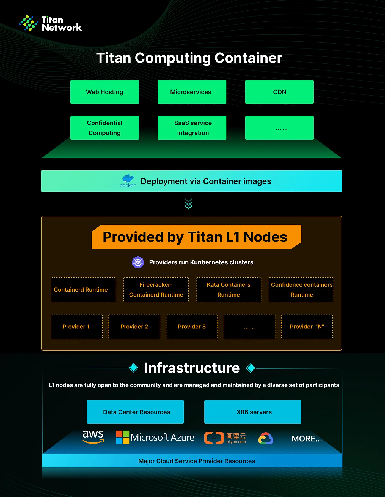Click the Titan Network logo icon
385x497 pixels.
[29, 23]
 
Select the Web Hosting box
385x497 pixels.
[105, 92]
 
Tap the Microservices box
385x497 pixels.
[192, 92]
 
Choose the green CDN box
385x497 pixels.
[279, 92]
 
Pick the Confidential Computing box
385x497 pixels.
[105, 128]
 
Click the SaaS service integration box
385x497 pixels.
[192, 128]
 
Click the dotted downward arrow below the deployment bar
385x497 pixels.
[189, 204]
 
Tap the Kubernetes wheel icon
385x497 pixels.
[138, 262]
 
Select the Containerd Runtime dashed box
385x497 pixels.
[84, 290]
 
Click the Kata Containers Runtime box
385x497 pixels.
[229, 290]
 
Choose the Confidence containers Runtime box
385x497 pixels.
[301, 290]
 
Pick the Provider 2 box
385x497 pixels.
[134, 327]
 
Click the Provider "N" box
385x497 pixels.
[307, 327]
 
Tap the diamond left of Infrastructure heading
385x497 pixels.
[134, 368]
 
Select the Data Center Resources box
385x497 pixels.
[135, 412]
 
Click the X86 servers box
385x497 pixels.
[253, 412]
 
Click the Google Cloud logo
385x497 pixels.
[266, 439]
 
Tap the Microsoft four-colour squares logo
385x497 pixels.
[123, 437]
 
